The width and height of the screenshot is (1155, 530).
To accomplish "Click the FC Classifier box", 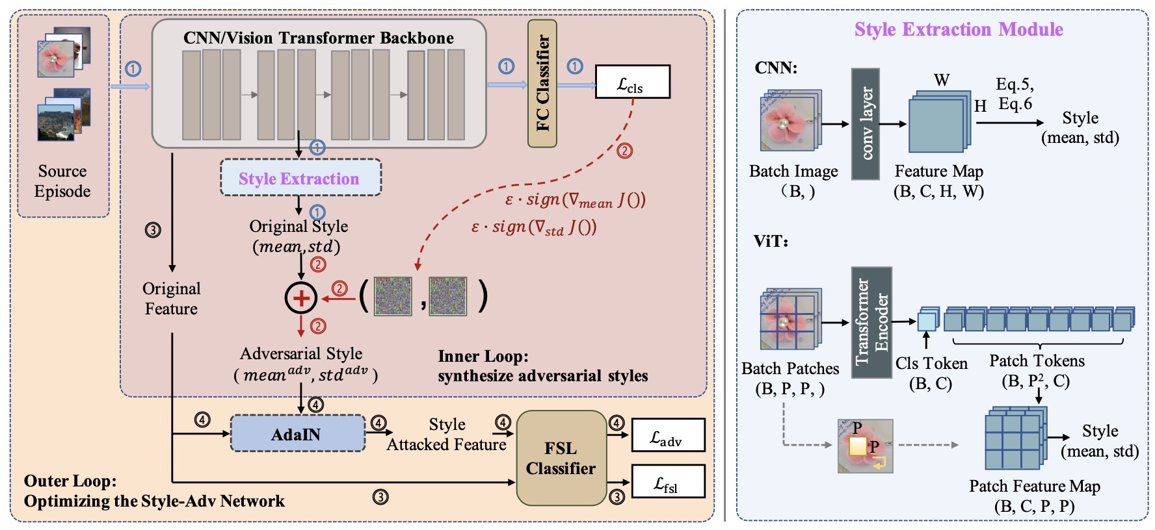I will (542, 83).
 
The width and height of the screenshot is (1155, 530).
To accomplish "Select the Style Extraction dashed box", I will (300, 178).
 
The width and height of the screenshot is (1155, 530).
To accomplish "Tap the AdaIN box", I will (297, 434).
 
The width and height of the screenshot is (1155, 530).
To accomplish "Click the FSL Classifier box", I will (561, 458).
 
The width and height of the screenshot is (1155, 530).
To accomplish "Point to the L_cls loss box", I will (632, 82).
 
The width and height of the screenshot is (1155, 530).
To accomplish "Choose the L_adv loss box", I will (668, 435).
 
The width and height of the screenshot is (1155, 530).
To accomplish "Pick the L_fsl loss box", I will (668, 481).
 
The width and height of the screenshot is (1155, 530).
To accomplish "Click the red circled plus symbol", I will (300, 297).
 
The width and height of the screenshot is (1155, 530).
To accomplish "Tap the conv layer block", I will (866, 123).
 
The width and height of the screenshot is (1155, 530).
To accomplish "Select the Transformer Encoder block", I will (871, 322).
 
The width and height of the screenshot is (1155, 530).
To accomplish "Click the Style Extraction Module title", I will (958, 29).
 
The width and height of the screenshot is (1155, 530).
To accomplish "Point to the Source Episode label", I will (62, 181).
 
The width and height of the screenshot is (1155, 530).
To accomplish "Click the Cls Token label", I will (931, 364).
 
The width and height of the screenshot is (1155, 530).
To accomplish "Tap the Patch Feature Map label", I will (1034, 486).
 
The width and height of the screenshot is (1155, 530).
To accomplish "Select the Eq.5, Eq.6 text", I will (1015, 94).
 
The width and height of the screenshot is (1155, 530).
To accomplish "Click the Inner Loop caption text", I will (542, 366).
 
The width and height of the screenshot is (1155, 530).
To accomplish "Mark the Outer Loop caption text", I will (154, 491).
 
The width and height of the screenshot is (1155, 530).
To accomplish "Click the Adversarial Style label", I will (301, 354).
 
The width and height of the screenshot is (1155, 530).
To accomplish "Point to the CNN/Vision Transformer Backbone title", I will (319, 38).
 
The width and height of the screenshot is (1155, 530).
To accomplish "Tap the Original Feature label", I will (171, 298).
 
